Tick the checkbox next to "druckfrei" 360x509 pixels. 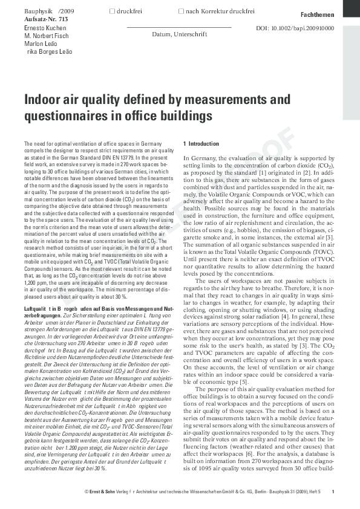[x=111, y=11]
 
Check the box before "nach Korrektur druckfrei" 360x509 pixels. [x=182, y=11]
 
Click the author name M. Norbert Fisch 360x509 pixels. [x=45, y=36]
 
